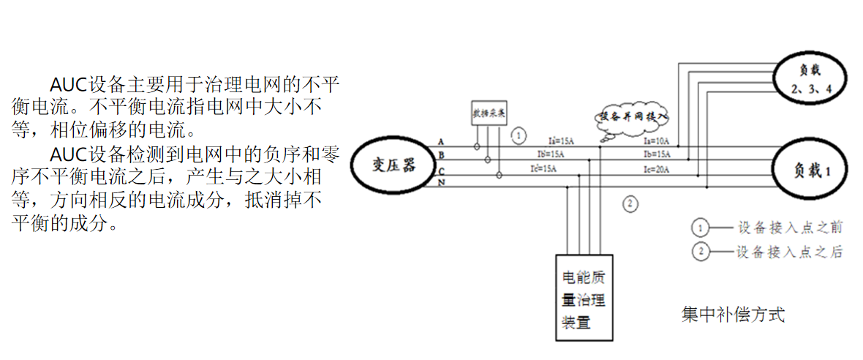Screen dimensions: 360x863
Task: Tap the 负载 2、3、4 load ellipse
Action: click(811, 78)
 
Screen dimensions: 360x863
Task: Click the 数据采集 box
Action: click(489, 113)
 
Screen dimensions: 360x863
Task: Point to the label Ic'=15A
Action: click(544, 169)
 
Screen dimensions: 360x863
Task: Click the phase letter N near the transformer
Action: click(441, 181)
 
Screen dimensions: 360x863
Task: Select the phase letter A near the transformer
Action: click(441, 141)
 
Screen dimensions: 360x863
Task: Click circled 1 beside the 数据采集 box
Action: click(518, 135)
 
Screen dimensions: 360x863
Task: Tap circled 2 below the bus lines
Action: click(630, 204)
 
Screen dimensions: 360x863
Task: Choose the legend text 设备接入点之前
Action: click(790, 227)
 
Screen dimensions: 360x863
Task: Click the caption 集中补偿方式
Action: click(733, 315)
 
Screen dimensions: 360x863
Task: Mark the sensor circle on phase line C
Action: click(500, 175)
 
